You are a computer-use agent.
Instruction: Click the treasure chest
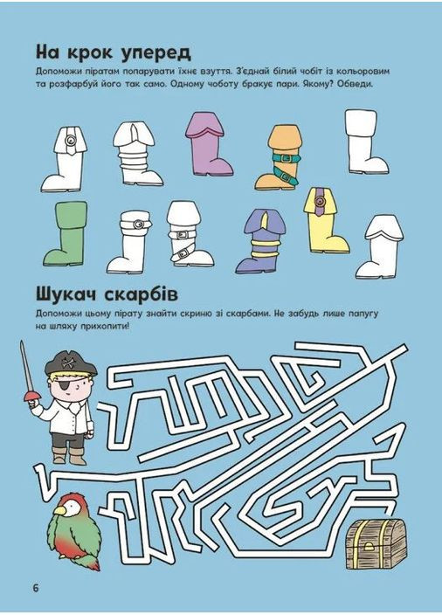click(376, 544)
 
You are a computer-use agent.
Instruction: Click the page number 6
click(36, 587)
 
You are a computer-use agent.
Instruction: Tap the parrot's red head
click(68, 505)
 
